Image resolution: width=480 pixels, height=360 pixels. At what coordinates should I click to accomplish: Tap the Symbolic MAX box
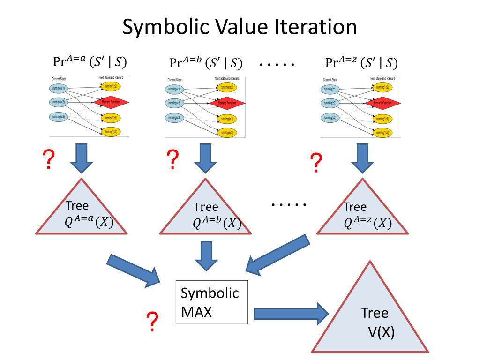pyautogui.click(x=211, y=302)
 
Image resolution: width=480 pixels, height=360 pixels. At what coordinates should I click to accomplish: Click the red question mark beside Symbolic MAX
pyautogui.click(x=151, y=322)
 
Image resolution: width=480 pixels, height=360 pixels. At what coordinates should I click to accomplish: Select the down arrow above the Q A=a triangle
pyautogui.click(x=82, y=157)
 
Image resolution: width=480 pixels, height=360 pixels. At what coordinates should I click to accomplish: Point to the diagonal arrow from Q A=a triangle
pyautogui.click(x=134, y=270)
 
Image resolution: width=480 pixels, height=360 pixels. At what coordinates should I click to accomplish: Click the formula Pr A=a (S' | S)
pyautogui.click(x=90, y=61)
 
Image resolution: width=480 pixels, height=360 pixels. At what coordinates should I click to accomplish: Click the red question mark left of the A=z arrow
pyautogui.click(x=316, y=163)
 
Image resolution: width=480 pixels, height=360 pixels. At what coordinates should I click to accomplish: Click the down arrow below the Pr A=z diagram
pyautogui.click(x=361, y=157)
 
